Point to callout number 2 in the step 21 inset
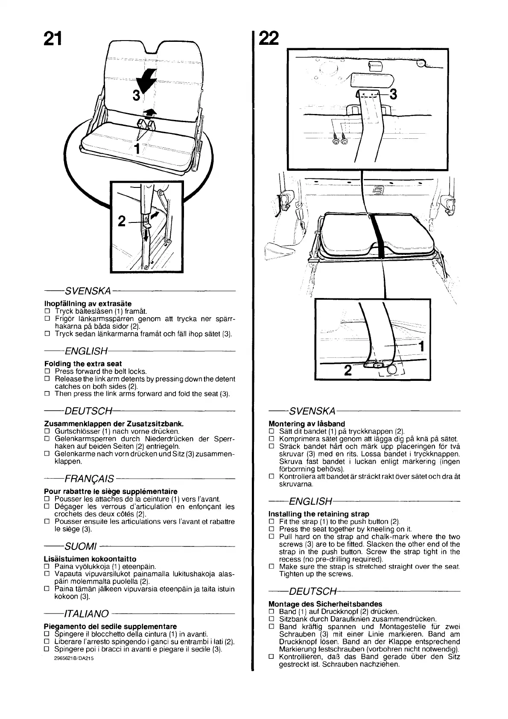[122, 221]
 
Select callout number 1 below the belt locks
[137, 149]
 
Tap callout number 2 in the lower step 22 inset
[347, 370]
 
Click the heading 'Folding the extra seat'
[83, 364]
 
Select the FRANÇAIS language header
[89, 478]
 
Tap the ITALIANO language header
[86, 614]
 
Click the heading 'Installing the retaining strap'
[318, 514]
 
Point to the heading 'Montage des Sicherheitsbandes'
[325, 604]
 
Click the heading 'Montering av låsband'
[307, 424]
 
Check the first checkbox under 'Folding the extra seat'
[47, 371]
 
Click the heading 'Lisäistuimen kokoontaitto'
[90, 559]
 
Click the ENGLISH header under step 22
[310, 501]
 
